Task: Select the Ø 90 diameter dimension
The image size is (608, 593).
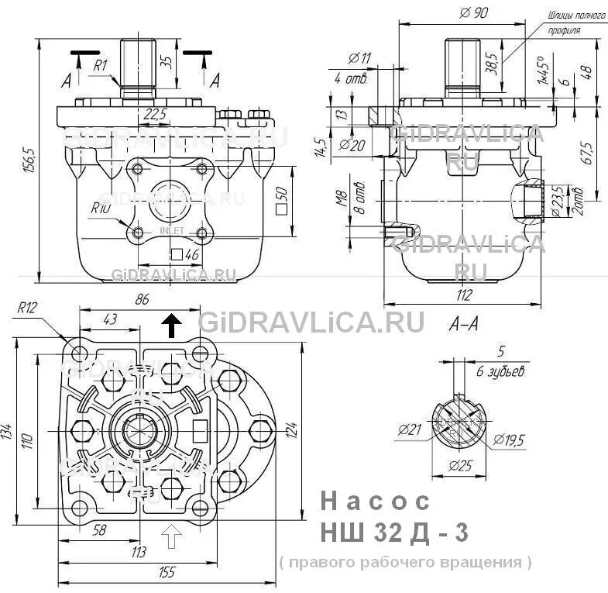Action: click(472, 12)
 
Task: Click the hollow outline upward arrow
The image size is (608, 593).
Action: click(172, 534)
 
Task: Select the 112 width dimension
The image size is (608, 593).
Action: click(463, 294)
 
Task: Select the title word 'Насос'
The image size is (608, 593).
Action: click(375, 502)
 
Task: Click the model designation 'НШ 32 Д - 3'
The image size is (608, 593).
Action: click(394, 533)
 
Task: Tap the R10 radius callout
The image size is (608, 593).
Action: click(99, 207)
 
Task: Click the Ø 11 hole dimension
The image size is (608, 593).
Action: click(360, 57)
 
